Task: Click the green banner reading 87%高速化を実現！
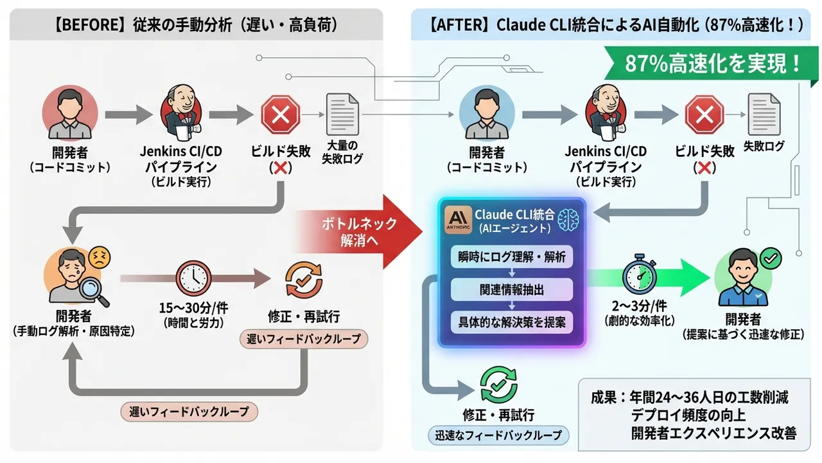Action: point(706,64)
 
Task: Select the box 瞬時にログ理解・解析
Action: point(512,258)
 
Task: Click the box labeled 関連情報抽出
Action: point(512,290)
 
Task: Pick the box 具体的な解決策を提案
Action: point(512,322)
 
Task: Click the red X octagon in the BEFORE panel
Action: point(281,115)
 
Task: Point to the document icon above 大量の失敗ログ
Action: point(342,114)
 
